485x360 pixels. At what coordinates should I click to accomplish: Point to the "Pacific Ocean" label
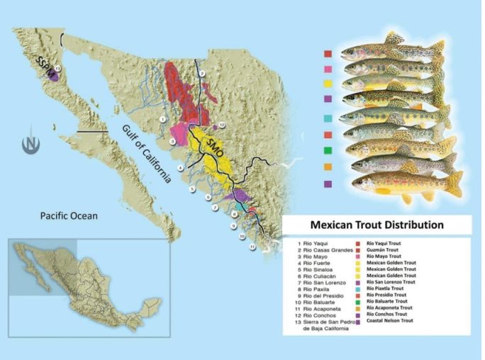pyautogui.click(x=69, y=215)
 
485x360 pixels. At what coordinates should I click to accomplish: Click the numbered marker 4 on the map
pyautogui.click(x=180, y=168)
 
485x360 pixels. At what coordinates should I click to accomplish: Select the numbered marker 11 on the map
pyautogui.click(x=251, y=247)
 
